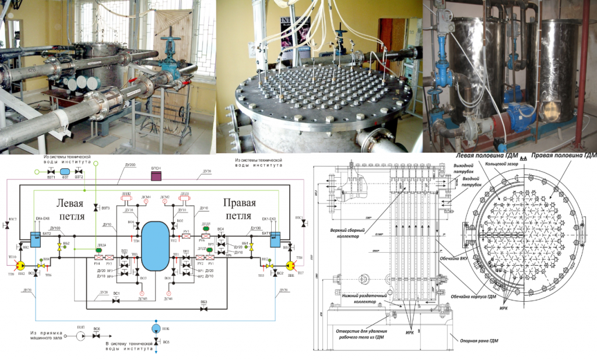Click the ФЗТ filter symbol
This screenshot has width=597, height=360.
(x=64, y=171)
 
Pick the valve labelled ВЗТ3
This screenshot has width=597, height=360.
(x=96, y=207)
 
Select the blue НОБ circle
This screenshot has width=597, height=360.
(x=156, y=329)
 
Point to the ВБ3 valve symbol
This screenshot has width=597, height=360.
(x=204, y=308)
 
